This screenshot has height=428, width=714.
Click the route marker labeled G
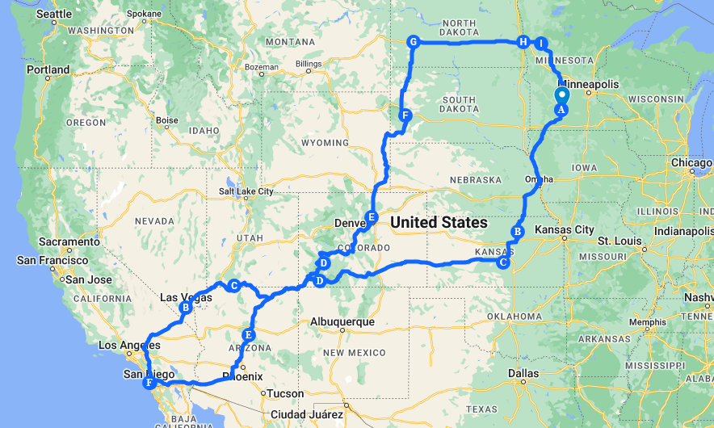pos(413,42)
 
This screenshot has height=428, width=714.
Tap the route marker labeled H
pos(523,42)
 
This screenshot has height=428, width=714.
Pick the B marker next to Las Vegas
pos(186,307)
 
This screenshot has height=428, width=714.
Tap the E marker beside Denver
pos(372,216)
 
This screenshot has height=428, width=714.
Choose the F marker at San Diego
pos(149,383)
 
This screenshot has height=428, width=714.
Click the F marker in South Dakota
pos(405,115)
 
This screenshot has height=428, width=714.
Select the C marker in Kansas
pos(503,262)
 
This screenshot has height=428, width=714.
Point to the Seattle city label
pos(54,14)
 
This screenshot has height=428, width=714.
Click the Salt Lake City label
pos(246,191)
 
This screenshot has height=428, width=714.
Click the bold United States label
pos(439,222)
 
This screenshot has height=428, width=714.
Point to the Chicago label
pos(691,162)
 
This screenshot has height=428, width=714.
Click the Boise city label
pos(167,120)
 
